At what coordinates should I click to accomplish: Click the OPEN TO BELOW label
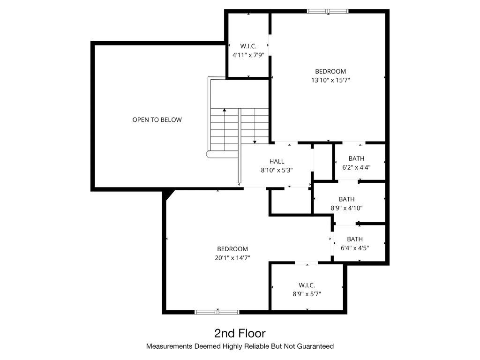pos(157,120)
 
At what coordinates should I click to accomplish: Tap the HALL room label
pos(277,162)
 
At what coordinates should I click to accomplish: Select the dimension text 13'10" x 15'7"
pos(330,80)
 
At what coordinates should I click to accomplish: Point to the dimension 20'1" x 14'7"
pos(232,257)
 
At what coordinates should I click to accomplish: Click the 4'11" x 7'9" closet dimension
pos(248,55)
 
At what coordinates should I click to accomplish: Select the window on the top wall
pos(328,11)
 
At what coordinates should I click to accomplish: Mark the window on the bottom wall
pos(217,312)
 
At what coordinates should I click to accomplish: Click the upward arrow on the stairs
pos(225,111)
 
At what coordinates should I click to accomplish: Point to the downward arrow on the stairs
pos(255,142)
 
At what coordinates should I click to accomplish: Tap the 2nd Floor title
pos(240,333)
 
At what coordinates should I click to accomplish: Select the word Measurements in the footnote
pos(167,347)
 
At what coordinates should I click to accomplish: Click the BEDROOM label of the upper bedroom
pos(330,71)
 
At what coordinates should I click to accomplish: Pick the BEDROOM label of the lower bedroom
pos(232,249)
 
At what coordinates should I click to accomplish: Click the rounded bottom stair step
pos(210,154)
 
